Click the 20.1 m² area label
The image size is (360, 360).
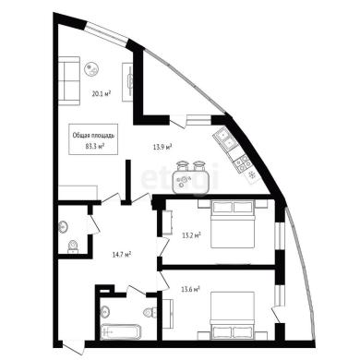[x=102, y=93]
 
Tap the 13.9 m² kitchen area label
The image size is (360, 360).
[x=162, y=147]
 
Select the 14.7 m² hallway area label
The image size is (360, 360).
[x=122, y=255]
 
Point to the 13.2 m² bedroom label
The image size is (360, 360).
[x=191, y=236]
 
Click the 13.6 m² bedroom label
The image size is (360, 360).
[x=191, y=289]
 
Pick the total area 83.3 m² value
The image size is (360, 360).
[x=94, y=146]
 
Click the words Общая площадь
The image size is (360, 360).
[x=93, y=135]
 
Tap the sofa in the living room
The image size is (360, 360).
[x=69, y=80]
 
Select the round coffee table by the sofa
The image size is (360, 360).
[x=91, y=69]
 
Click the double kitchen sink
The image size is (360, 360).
[x=225, y=139]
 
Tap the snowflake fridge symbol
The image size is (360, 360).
[x=252, y=175]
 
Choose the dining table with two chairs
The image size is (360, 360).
[x=191, y=177]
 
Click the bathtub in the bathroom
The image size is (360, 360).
[x=121, y=331]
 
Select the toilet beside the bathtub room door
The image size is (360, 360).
[x=150, y=312]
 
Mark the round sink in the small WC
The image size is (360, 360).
[x=63, y=227]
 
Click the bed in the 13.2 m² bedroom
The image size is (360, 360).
[x=233, y=223]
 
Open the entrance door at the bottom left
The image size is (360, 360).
[x=73, y=346]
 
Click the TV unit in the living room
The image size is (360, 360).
[x=127, y=82]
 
